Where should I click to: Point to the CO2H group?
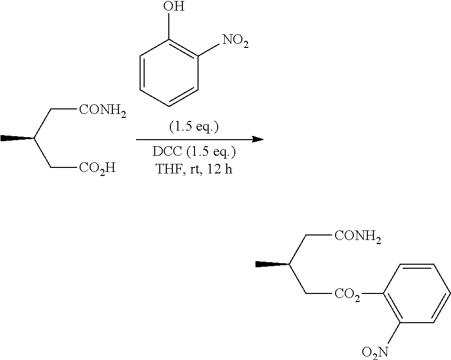click(97, 167)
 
